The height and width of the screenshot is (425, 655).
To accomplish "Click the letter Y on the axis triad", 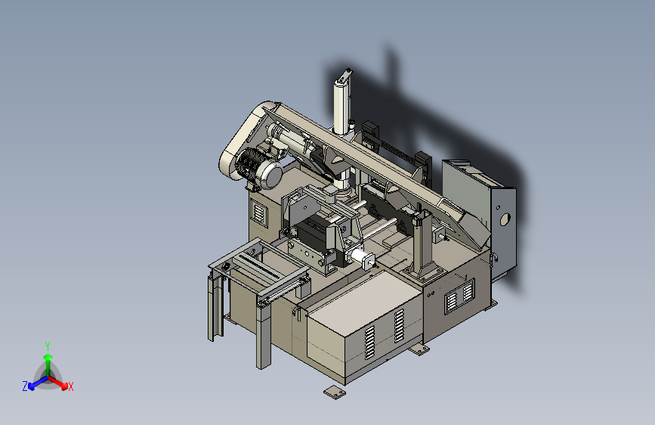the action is click(48, 346).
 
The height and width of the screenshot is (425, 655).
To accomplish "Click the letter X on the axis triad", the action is click(70, 386).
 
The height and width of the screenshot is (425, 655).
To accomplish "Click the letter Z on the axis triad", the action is click(25, 386).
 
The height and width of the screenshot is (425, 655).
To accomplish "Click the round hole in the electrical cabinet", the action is click(505, 219).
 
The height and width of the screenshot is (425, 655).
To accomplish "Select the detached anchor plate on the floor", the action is click(335, 392).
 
